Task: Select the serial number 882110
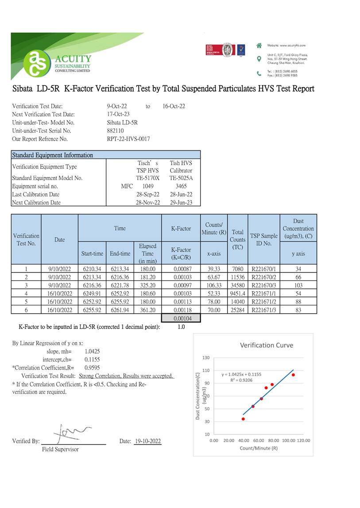point(116,131)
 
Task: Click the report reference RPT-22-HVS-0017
point(128,139)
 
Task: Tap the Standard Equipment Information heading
point(53,155)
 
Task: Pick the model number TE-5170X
point(147,178)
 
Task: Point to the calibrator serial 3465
point(181,186)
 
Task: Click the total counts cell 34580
point(238,285)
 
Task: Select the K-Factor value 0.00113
point(181,302)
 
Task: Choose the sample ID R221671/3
point(263,310)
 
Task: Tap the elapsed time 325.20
point(147,285)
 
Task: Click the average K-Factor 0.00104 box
point(181,318)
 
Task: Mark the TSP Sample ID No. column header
point(263,239)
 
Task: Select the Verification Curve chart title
point(267,345)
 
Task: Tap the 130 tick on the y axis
point(206,358)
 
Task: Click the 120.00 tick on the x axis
point(303,441)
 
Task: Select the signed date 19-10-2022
point(147,441)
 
